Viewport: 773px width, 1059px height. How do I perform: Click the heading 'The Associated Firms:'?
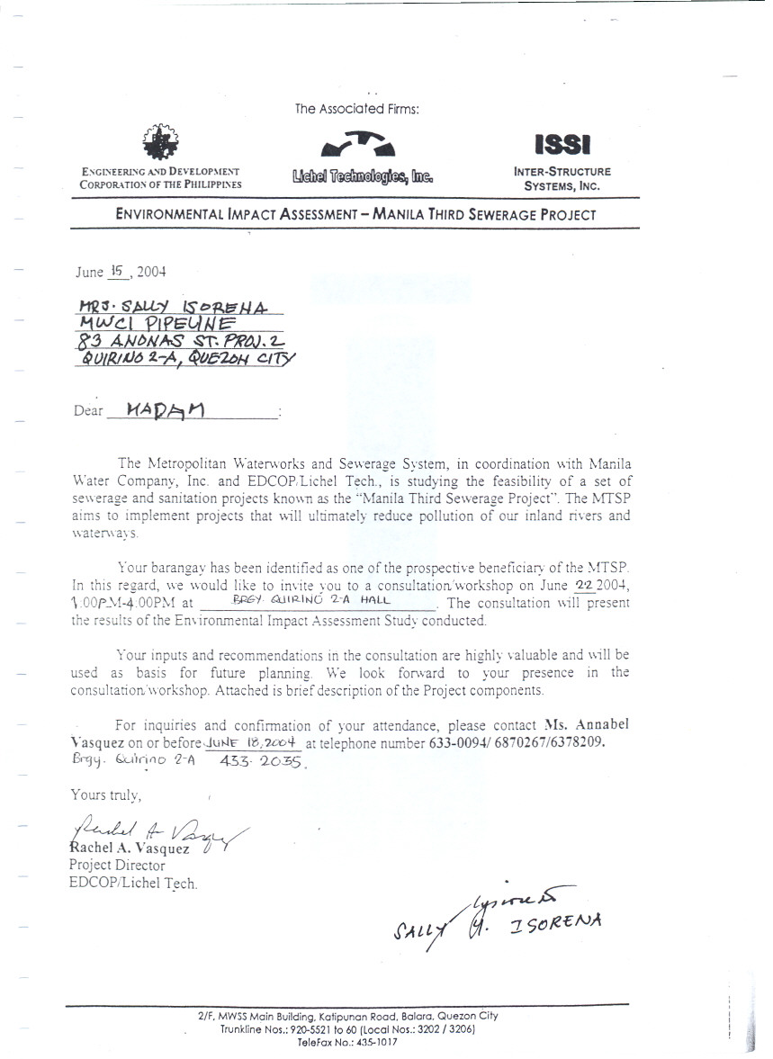click(357, 109)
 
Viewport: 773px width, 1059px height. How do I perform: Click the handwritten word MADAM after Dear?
click(166, 410)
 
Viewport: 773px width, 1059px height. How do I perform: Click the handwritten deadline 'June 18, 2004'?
click(253, 742)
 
